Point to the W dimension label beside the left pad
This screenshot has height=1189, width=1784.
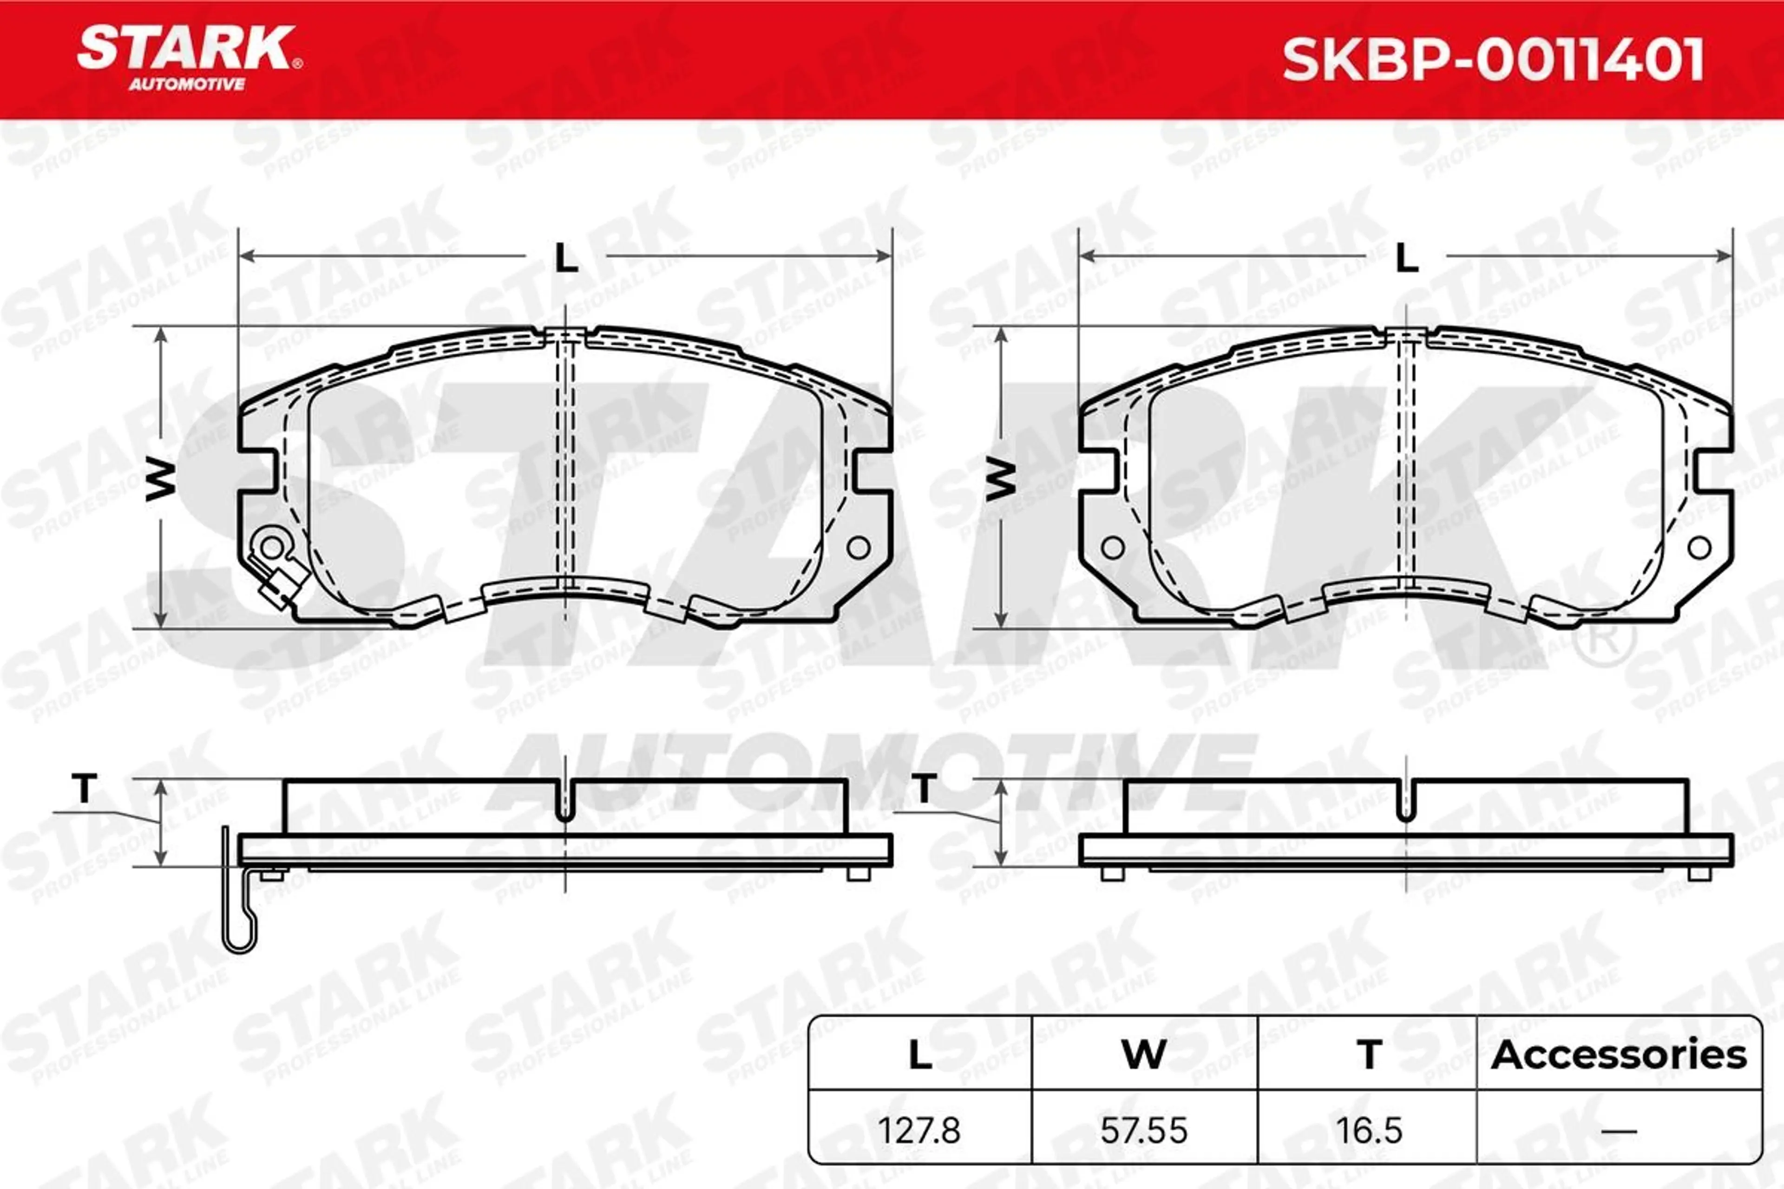point(161,480)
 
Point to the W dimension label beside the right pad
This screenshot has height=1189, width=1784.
point(1001,480)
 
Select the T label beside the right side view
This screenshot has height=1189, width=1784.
point(924,789)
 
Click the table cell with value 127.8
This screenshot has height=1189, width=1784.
point(919,1130)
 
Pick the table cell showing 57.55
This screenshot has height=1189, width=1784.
point(1144,1130)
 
